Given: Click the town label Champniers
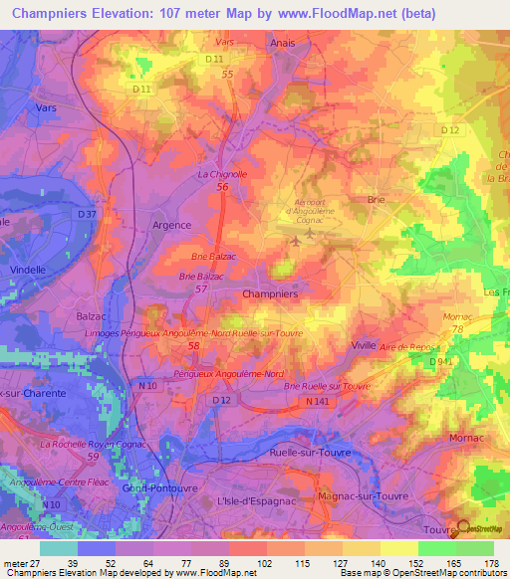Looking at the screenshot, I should click(269, 294).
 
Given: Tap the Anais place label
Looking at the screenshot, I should click(283, 44).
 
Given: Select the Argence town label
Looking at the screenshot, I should click(170, 226).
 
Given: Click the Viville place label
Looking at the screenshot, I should click(364, 344).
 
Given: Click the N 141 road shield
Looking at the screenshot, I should click(318, 401).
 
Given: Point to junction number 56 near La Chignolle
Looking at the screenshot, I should click(223, 187).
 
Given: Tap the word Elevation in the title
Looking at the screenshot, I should click(130, 14).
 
